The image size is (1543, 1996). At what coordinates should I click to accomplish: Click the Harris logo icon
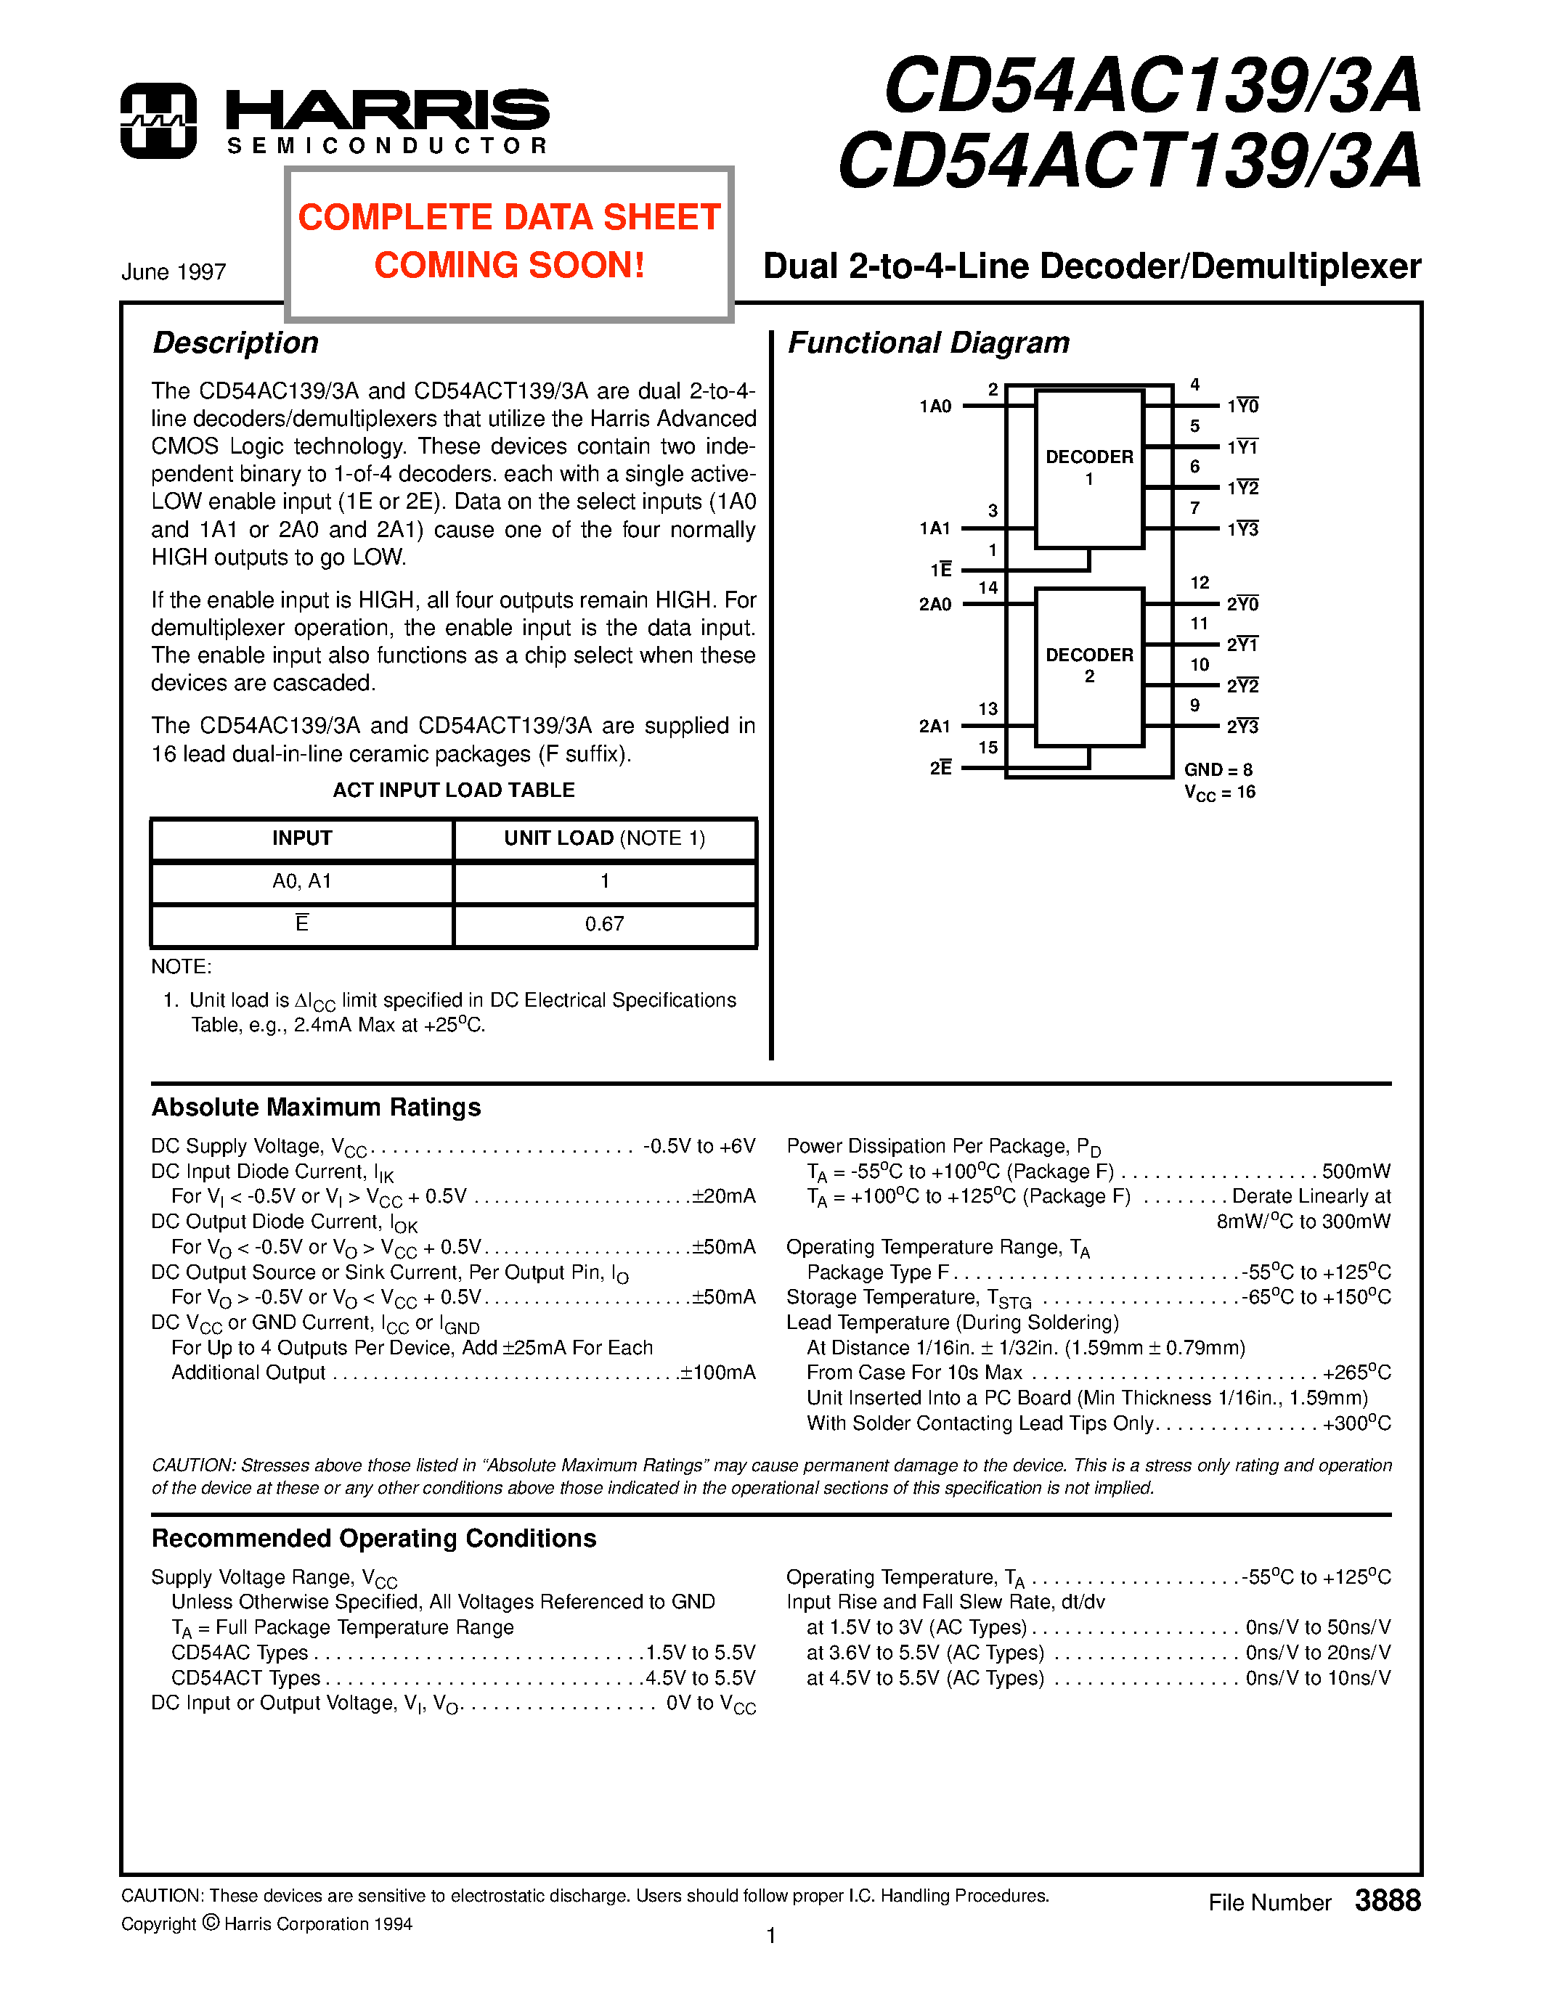click(x=158, y=120)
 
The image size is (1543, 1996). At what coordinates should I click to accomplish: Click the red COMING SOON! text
click(x=509, y=266)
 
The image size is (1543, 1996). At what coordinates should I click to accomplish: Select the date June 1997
click(x=174, y=272)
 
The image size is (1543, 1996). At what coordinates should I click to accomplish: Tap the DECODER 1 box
click(x=1088, y=469)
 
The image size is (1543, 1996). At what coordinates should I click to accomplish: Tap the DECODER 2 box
click(x=1088, y=666)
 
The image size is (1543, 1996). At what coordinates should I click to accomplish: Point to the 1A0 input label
click(x=935, y=406)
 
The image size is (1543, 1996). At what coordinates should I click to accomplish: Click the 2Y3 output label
click(x=1242, y=727)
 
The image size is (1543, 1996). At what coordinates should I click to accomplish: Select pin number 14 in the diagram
click(x=988, y=588)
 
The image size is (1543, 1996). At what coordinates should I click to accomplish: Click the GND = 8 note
click(x=1218, y=769)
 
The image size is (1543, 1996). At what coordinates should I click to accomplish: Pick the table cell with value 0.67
click(x=604, y=924)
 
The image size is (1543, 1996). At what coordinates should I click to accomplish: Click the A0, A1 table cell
click(x=301, y=881)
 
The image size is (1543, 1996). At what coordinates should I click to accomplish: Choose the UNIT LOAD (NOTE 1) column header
click(x=604, y=838)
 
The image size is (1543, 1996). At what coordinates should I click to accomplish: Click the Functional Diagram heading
click(x=928, y=343)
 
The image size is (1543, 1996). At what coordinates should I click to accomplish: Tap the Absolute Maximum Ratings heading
click(x=317, y=1107)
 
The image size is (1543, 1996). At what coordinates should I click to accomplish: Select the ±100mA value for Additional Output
click(x=717, y=1373)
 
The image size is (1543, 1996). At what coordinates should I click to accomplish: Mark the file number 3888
click(x=1387, y=1901)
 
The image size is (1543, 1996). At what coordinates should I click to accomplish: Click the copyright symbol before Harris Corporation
click(x=211, y=1923)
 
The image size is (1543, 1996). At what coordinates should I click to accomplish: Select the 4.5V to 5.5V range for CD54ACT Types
click(x=700, y=1678)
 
